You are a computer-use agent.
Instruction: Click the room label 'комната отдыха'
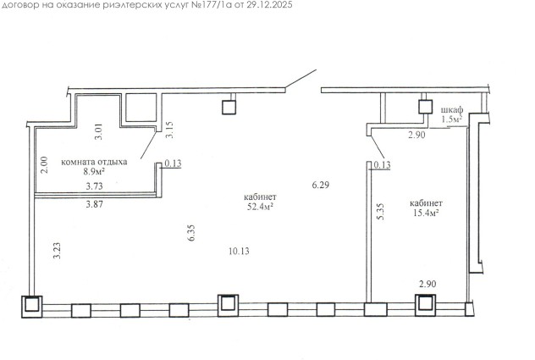pos(94,162)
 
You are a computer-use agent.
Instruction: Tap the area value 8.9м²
pos(94,171)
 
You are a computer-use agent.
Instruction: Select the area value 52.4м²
pos(261,207)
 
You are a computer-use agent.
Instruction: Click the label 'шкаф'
pos(452,110)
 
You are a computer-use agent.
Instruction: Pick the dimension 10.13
pos(239,252)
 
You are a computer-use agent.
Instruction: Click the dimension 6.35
pos(191,233)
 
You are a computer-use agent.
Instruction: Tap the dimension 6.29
pos(321,185)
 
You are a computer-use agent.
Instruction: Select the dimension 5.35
pos(380,212)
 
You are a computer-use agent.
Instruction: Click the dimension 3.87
pos(95,205)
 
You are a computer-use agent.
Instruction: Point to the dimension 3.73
pos(95,186)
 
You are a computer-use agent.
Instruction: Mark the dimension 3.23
pos(57,251)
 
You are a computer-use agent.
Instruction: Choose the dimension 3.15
pos(169,130)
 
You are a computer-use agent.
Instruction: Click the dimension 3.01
pos(98,131)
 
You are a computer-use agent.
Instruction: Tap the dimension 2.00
pos(44,164)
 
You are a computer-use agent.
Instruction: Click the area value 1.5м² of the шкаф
pos(452,119)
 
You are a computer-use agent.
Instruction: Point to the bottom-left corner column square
pos(31,307)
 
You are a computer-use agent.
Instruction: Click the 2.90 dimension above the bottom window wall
pos(427,284)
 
